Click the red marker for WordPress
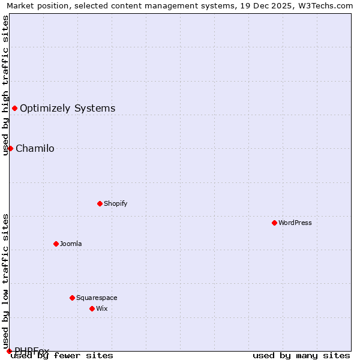pos(274,223)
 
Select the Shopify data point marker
pos(100,203)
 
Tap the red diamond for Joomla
pos(56,244)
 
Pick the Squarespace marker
pos(72,298)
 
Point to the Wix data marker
pos(92,308)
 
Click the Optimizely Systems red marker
pos(14,108)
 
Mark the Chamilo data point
pos(10,148)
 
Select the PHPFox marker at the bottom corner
pos(9,351)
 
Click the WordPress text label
pos(295,223)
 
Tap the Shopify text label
pos(116,203)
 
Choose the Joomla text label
pos(71,244)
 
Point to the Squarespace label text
pos(97,298)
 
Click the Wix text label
pos(102,308)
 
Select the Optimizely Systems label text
pos(68,108)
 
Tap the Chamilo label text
pos(35,148)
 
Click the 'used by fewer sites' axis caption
pos(62,355)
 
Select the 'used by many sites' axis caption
pos(301,355)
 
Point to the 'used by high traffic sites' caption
pos(5,85)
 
